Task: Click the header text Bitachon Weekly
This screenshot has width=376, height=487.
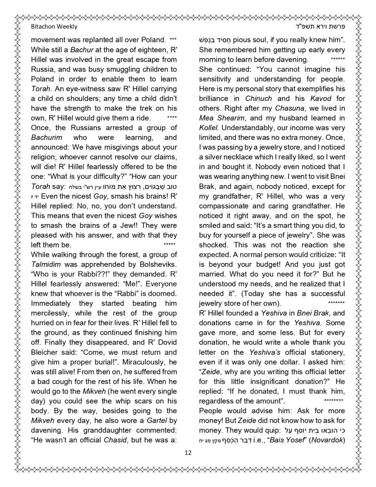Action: point(54,27)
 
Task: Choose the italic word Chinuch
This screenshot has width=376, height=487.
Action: point(259,98)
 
